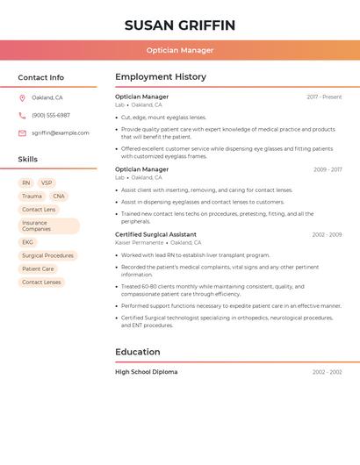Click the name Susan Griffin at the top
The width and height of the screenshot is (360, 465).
click(180, 25)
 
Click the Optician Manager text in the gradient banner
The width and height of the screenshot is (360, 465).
click(180, 50)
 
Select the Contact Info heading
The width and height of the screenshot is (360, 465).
click(41, 77)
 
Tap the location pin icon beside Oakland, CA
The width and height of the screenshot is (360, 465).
click(22, 97)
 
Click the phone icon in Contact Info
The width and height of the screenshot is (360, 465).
click(22, 115)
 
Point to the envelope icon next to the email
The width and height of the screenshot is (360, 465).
click(22, 133)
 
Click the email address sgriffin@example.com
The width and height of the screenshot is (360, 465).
click(61, 133)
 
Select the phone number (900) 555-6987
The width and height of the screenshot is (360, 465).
click(51, 115)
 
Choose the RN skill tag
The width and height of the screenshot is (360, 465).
click(26, 183)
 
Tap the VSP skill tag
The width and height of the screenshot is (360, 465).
click(47, 183)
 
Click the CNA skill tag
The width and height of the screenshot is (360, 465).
click(59, 197)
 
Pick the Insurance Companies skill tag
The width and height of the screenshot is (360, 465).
click(48, 225)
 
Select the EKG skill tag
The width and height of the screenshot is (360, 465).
click(28, 242)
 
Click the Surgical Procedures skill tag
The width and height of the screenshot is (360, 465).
click(47, 255)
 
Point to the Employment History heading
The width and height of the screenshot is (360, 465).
click(161, 77)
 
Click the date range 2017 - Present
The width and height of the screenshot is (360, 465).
click(324, 97)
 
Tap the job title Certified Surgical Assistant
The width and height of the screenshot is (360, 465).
click(155, 234)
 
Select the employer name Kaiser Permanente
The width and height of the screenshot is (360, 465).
click(139, 242)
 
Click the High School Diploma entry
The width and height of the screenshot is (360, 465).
click(146, 372)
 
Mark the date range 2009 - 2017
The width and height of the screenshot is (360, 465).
click(328, 169)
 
